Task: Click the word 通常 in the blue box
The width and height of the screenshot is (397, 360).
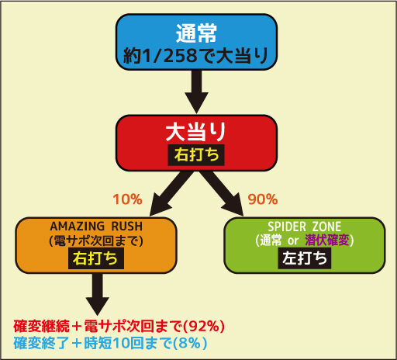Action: tap(196, 33)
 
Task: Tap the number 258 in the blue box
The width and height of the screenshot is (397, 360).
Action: tap(180, 55)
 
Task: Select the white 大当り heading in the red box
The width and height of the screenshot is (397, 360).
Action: tap(196, 132)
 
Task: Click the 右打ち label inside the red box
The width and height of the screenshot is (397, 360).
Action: tap(196, 155)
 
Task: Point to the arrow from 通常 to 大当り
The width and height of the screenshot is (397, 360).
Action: tap(196, 92)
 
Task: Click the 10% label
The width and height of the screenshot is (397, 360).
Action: tap(128, 199)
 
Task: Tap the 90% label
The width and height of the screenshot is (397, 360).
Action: tap(263, 199)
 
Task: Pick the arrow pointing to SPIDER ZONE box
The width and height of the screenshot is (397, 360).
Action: tap(223, 193)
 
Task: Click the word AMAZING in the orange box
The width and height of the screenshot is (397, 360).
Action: tap(77, 227)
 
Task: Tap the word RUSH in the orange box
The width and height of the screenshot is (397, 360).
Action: tap(127, 227)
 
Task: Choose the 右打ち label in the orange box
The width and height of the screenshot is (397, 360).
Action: tap(96, 258)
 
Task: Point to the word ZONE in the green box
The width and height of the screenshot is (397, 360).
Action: tap(326, 227)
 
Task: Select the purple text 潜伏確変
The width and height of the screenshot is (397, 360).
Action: tap(327, 241)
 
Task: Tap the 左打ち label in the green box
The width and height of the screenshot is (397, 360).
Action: tap(305, 258)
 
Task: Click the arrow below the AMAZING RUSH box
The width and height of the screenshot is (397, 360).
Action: tap(98, 294)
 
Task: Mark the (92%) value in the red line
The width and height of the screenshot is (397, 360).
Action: tap(203, 326)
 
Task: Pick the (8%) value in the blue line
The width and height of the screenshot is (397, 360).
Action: tap(189, 343)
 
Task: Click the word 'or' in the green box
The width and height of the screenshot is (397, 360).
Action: tap(293, 241)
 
